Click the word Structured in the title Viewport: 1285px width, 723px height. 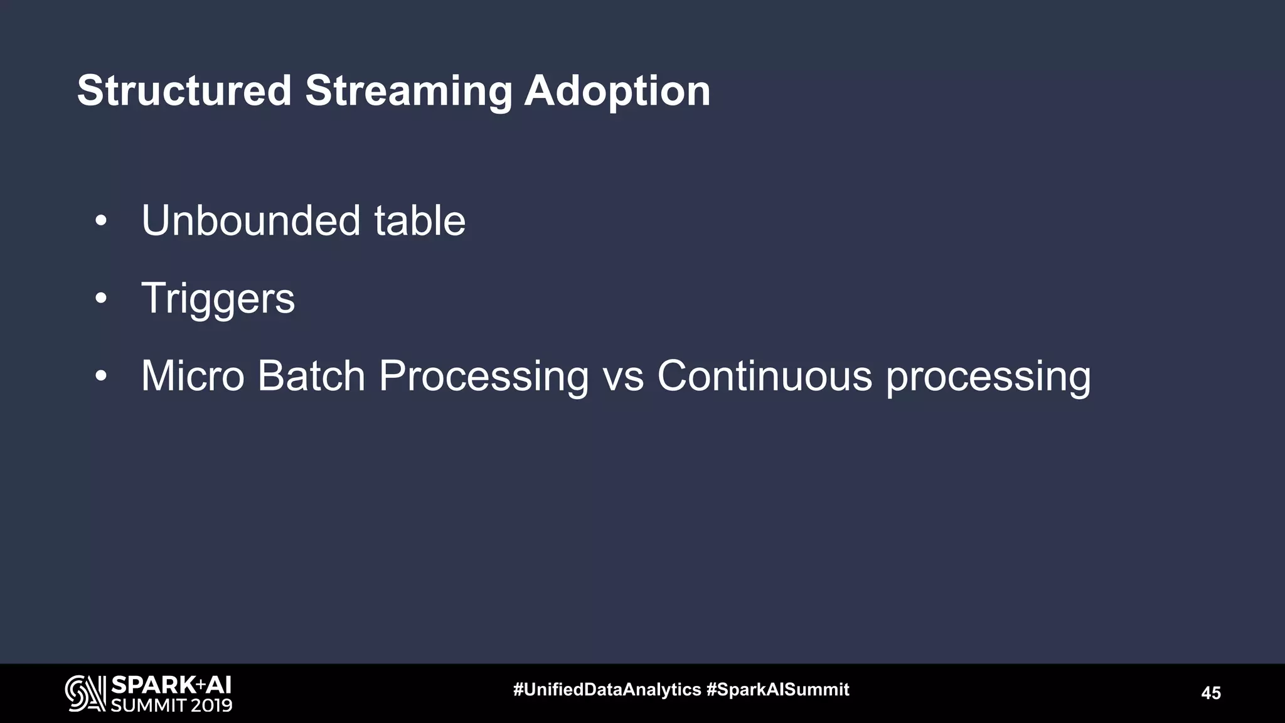(184, 91)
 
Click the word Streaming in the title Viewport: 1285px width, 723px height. (408, 91)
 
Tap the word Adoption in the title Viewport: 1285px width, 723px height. (617, 91)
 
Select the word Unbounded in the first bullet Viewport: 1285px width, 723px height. (251, 221)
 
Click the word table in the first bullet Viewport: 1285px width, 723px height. (420, 221)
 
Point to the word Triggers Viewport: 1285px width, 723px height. (218, 299)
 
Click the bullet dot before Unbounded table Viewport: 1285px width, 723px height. (101, 222)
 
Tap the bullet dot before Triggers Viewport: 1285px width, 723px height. (101, 299)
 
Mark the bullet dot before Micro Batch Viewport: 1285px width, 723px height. (101, 377)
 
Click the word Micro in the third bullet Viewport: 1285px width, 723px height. (193, 377)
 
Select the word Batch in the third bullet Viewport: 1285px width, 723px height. (311, 377)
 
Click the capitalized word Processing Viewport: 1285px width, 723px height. (484, 377)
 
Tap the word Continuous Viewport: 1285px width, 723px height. (764, 377)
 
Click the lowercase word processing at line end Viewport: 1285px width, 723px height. (988, 377)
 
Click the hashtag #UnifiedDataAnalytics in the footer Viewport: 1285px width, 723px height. (607, 690)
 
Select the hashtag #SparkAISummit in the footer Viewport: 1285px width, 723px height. (777, 690)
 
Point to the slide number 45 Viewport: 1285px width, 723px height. (1210, 693)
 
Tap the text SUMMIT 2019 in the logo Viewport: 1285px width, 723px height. (171, 705)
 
